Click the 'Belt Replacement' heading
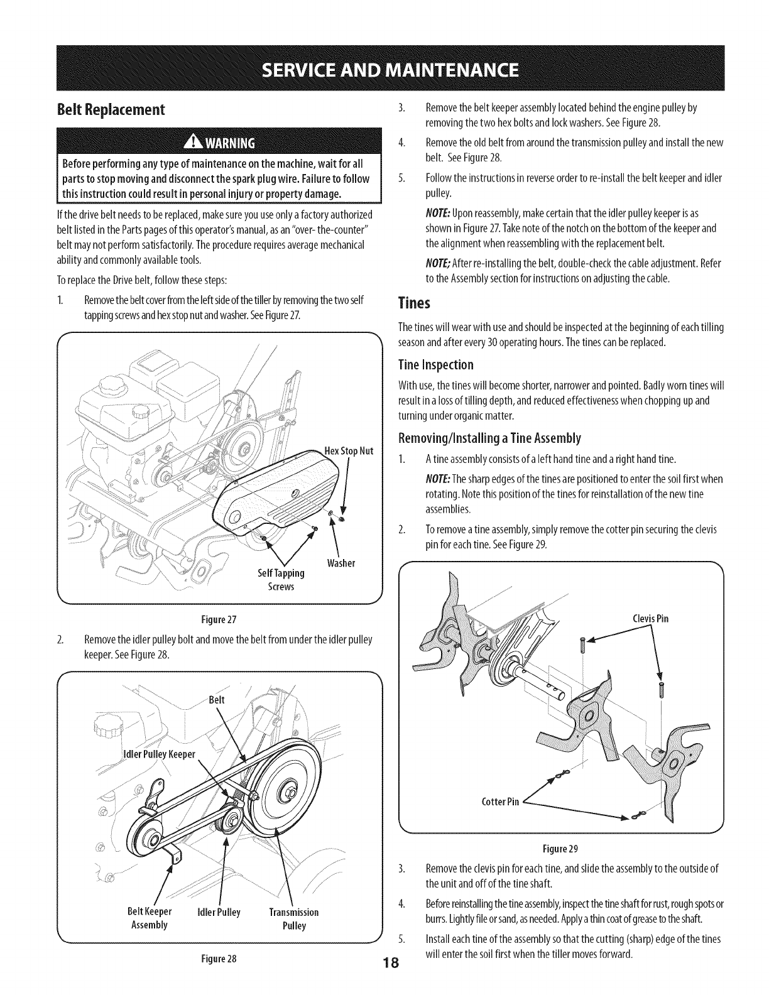point(112,110)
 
